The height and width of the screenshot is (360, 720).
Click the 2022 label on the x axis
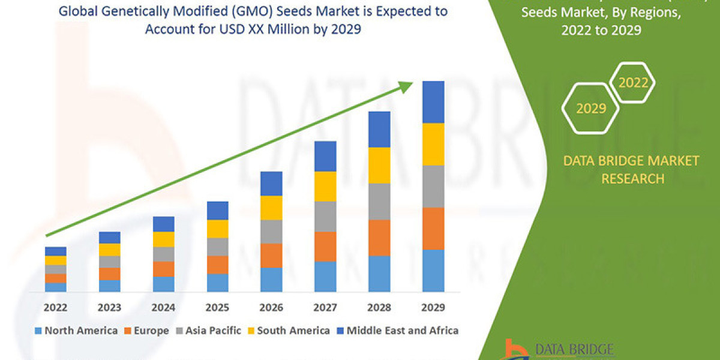tap(55, 308)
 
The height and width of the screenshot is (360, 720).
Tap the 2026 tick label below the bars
tap(271, 308)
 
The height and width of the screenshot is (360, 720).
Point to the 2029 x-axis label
tap(433, 308)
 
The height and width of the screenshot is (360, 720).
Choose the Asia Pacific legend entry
tap(209, 331)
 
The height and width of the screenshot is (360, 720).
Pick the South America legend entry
tap(287, 331)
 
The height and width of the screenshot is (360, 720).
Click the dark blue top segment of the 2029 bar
tap(433, 102)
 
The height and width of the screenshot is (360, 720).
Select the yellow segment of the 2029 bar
tap(433, 144)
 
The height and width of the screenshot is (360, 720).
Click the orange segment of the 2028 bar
tap(379, 238)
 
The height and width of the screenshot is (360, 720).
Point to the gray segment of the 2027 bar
tap(325, 216)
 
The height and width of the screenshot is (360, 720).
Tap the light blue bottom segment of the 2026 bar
tap(271, 280)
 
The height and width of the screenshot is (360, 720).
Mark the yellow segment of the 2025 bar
tap(217, 229)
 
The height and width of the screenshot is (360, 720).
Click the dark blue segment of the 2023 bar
tap(109, 238)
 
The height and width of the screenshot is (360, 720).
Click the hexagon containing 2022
tap(633, 83)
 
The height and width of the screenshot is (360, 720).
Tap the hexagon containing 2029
tap(590, 108)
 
